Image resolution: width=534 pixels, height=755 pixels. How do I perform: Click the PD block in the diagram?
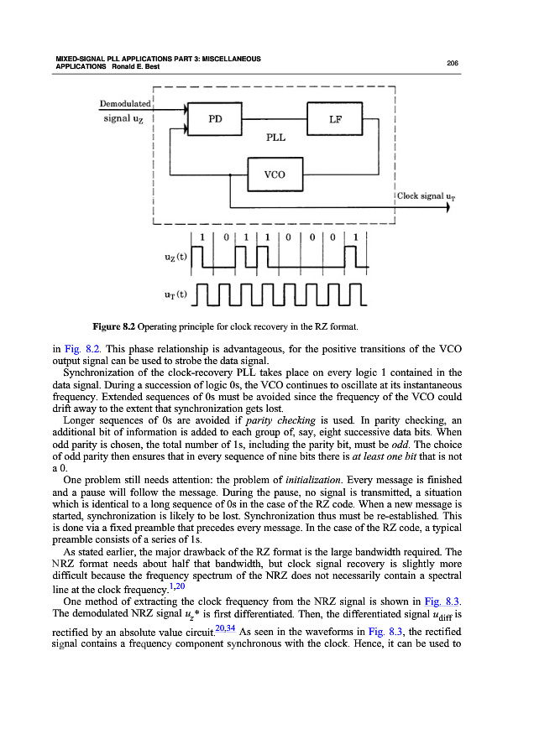click(215, 119)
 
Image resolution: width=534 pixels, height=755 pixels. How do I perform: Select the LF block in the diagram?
click(334, 119)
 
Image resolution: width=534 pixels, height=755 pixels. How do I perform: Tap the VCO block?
click(275, 174)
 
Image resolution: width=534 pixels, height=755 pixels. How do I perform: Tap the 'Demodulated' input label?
click(125, 103)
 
